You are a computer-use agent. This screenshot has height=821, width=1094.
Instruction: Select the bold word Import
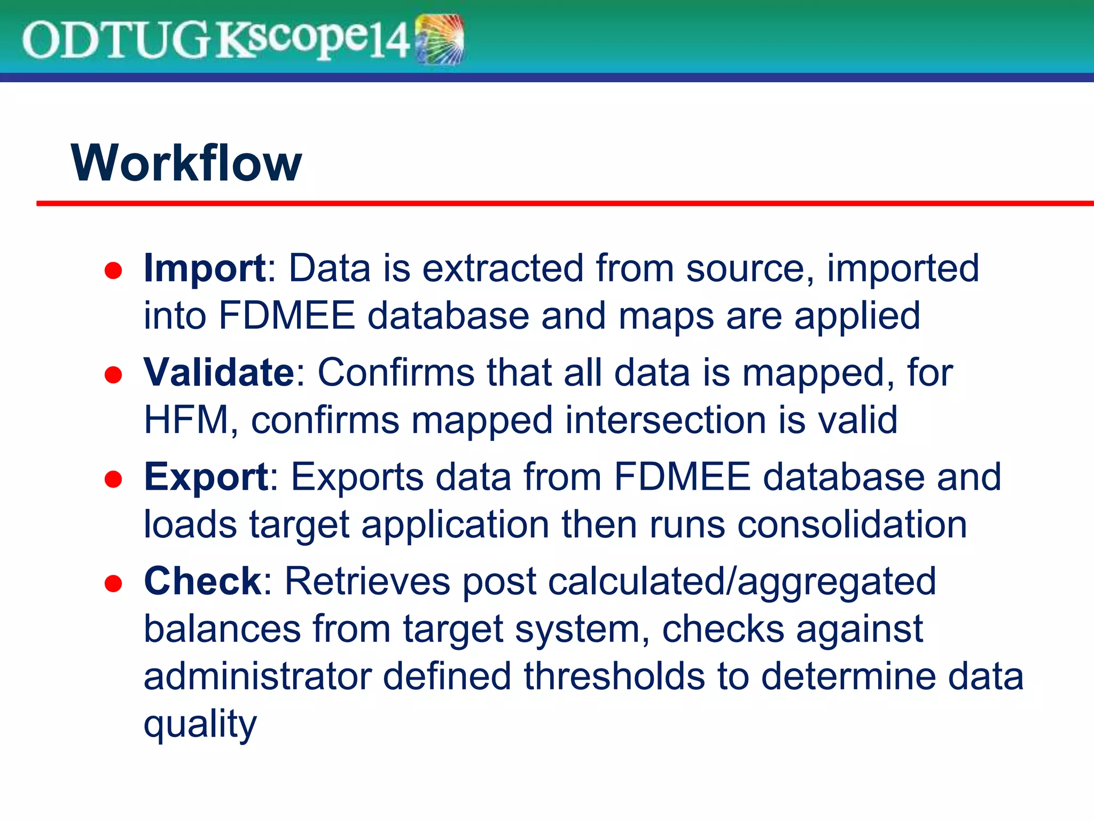[x=205, y=269]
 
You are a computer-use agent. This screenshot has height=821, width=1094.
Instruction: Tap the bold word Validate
[x=218, y=372]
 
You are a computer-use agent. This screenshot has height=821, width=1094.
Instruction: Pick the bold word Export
[x=206, y=477]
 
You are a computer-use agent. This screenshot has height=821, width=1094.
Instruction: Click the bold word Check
[x=202, y=581]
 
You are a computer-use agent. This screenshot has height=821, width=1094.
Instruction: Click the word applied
[x=857, y=317]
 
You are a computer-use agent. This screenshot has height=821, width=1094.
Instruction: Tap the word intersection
[x=666, y=420]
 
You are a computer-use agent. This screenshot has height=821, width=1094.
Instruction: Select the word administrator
[x=257, y=677]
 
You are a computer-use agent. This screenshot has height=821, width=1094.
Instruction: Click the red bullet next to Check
[x=113, y=584]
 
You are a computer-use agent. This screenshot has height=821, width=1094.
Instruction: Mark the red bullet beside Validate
[x=113, y=375]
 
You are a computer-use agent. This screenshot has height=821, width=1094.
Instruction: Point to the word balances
[x=222, y=629]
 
